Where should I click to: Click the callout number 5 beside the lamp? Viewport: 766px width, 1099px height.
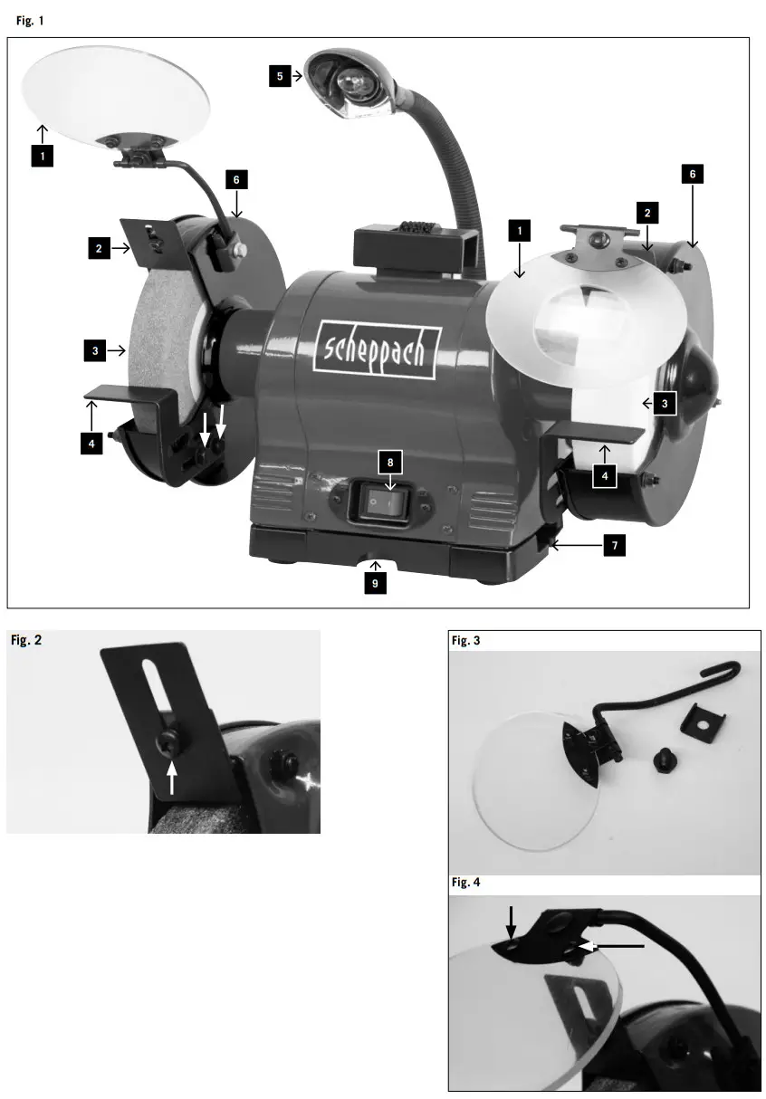(x=280, y=76)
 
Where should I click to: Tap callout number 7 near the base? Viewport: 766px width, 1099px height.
(x=615, y=546)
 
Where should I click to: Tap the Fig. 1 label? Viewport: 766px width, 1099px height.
(x=29, y=20)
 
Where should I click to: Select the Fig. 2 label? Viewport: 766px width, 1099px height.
(x=25, y=641)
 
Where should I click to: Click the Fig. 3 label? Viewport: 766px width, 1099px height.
(x=466, y=641)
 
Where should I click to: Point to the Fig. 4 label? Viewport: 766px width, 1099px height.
(x=466, y=884)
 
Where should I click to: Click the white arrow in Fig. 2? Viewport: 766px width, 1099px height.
(x=171, y=775)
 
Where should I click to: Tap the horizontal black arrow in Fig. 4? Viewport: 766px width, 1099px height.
(x=615, y=946)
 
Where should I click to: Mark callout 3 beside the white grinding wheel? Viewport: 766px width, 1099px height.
(x=665, y=404)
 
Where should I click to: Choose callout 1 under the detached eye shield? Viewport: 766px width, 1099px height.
(x=42, y=156)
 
